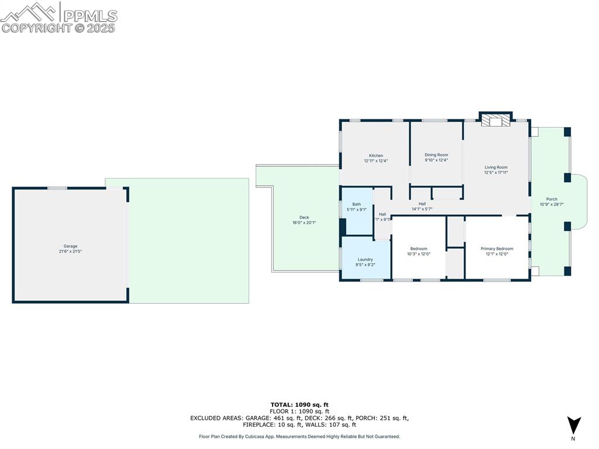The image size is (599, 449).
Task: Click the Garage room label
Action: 70,246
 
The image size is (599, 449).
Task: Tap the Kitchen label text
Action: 376,156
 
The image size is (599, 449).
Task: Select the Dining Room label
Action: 436,155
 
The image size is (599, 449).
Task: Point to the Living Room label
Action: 495,167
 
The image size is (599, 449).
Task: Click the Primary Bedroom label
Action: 497,249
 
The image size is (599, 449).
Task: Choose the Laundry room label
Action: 365,259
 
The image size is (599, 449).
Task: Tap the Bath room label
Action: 356,204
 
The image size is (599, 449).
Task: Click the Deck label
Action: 304,217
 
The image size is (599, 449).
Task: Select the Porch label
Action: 552,199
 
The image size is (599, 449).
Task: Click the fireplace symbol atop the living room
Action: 495,120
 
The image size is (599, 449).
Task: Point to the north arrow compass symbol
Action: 574,425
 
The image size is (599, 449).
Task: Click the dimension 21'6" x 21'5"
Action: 70,252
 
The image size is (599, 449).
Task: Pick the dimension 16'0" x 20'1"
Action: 304,222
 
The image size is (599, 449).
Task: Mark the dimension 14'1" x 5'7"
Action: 422,209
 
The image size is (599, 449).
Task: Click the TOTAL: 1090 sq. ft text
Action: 299,405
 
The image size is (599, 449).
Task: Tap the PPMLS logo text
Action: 89,16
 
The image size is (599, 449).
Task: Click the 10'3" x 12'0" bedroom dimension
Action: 418,254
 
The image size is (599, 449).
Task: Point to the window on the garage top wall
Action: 57,188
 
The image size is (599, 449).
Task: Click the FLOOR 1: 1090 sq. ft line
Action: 299,412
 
